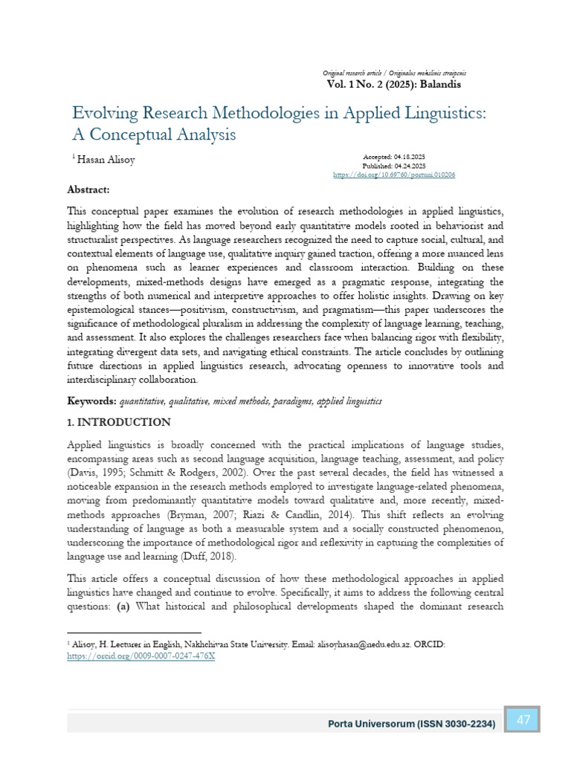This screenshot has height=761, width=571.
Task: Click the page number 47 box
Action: coord(523,719)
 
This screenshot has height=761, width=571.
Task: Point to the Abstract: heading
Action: coord(88,190)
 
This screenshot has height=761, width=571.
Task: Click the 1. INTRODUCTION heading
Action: coord(118,422)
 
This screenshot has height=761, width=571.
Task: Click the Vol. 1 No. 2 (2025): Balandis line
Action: coord(393,84)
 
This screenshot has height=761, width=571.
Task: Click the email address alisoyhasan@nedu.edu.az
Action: coord(356,647)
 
